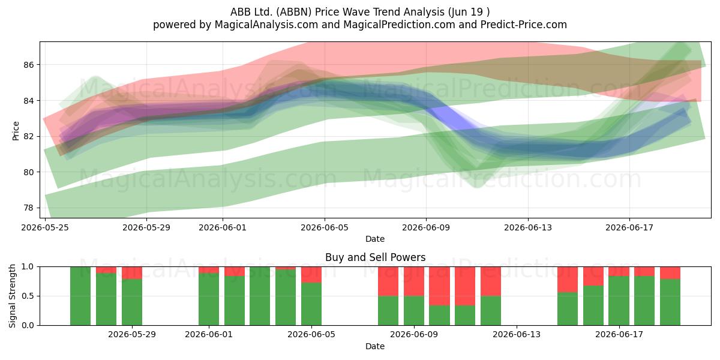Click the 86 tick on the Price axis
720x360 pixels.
28,65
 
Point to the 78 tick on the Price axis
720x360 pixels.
28,208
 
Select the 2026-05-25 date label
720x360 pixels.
45,227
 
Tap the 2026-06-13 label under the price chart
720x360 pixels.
528,227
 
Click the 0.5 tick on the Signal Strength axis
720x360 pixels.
28,296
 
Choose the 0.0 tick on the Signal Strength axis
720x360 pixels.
28,325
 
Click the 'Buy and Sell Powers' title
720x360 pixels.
375,257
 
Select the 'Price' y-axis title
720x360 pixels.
16,131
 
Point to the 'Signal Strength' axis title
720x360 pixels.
12,296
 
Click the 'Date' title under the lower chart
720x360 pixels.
375,346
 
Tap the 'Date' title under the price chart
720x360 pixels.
375,239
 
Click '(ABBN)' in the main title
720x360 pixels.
294,12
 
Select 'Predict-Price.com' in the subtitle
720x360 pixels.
524,25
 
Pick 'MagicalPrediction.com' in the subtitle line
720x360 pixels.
399,25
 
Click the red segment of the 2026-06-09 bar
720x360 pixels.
414,281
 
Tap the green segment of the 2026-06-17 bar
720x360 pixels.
619,301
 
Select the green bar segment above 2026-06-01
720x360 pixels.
209,299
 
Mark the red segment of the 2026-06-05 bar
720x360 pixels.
311,275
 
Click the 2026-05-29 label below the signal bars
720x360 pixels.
132,335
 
